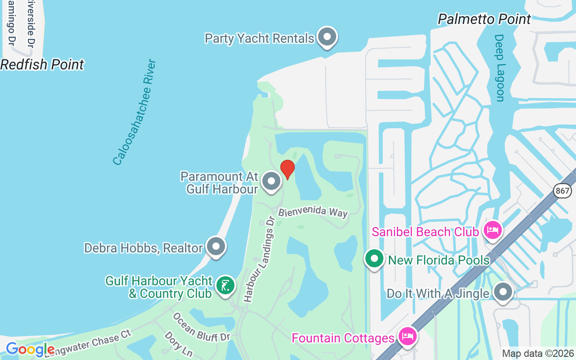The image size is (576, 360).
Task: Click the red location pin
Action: tap(288, 169)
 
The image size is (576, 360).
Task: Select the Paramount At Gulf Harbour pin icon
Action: tap(271, 181)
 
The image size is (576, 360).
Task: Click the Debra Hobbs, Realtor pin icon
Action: tap(216, 246)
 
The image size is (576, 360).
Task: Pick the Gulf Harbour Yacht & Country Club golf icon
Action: tap(225, 285)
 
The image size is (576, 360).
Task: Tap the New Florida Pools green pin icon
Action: tap(374, 259)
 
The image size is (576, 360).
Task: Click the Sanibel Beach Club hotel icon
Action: tap(493, 230)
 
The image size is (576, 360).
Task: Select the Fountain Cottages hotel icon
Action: tap(407, 337)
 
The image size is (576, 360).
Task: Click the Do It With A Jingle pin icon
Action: tap(503, 292)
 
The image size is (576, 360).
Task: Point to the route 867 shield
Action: tap(562, 190)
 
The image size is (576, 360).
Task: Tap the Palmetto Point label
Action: tap(484, 19)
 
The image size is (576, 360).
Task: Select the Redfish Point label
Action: tap(42, 65)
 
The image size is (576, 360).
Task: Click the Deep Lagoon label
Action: tap(499, 68)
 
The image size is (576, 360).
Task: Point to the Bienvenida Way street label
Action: tap(313, 212)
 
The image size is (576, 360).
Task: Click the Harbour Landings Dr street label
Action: tap(259, 259)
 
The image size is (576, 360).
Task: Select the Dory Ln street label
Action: tap(179, 345)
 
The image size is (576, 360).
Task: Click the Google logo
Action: tap(30, 349)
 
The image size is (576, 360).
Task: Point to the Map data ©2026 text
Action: tap(538, 354)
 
